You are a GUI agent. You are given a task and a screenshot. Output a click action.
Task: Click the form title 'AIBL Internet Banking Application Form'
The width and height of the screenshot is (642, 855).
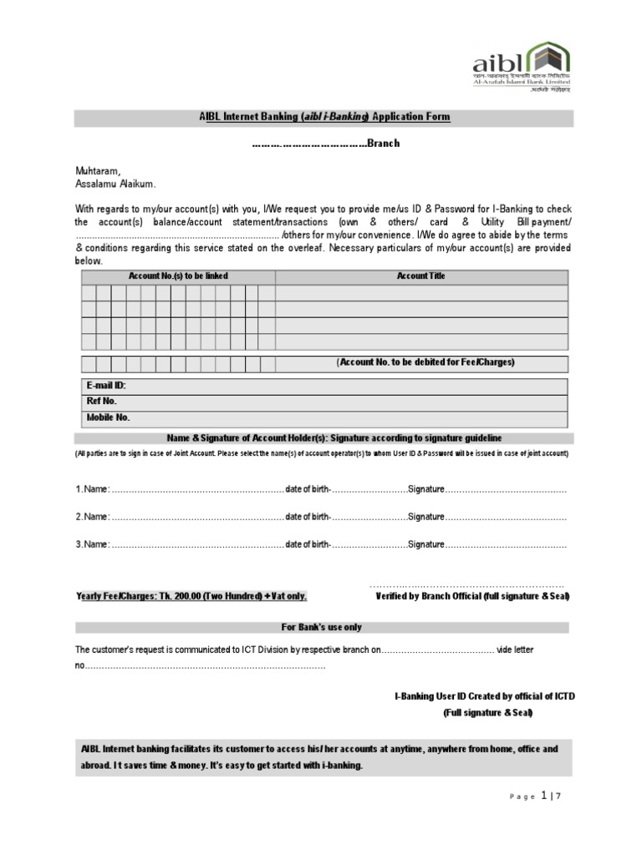324,118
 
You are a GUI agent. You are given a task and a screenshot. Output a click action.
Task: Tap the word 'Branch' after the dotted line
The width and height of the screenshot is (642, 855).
382,143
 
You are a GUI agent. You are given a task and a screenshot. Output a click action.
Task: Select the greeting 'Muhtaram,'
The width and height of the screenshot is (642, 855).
98,170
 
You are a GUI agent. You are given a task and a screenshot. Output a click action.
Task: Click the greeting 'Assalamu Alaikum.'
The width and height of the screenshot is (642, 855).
115,183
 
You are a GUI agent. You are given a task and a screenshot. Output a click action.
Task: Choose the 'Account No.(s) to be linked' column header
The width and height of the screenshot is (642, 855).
178,276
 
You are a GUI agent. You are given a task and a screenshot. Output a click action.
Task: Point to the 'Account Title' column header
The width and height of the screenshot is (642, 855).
420,276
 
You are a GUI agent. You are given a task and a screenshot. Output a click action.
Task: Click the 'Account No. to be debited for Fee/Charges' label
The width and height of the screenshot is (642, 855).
425,362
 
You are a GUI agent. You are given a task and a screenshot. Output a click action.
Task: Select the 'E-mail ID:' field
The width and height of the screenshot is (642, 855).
106,386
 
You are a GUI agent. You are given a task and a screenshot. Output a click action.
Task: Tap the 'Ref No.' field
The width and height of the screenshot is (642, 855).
101,402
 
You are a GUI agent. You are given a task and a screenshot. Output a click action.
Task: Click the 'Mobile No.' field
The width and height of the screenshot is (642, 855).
109,417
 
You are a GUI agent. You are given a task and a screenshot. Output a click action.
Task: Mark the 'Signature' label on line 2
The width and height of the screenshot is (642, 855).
425,517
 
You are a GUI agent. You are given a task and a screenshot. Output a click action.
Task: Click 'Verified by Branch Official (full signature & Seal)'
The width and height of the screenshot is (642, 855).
472,596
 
